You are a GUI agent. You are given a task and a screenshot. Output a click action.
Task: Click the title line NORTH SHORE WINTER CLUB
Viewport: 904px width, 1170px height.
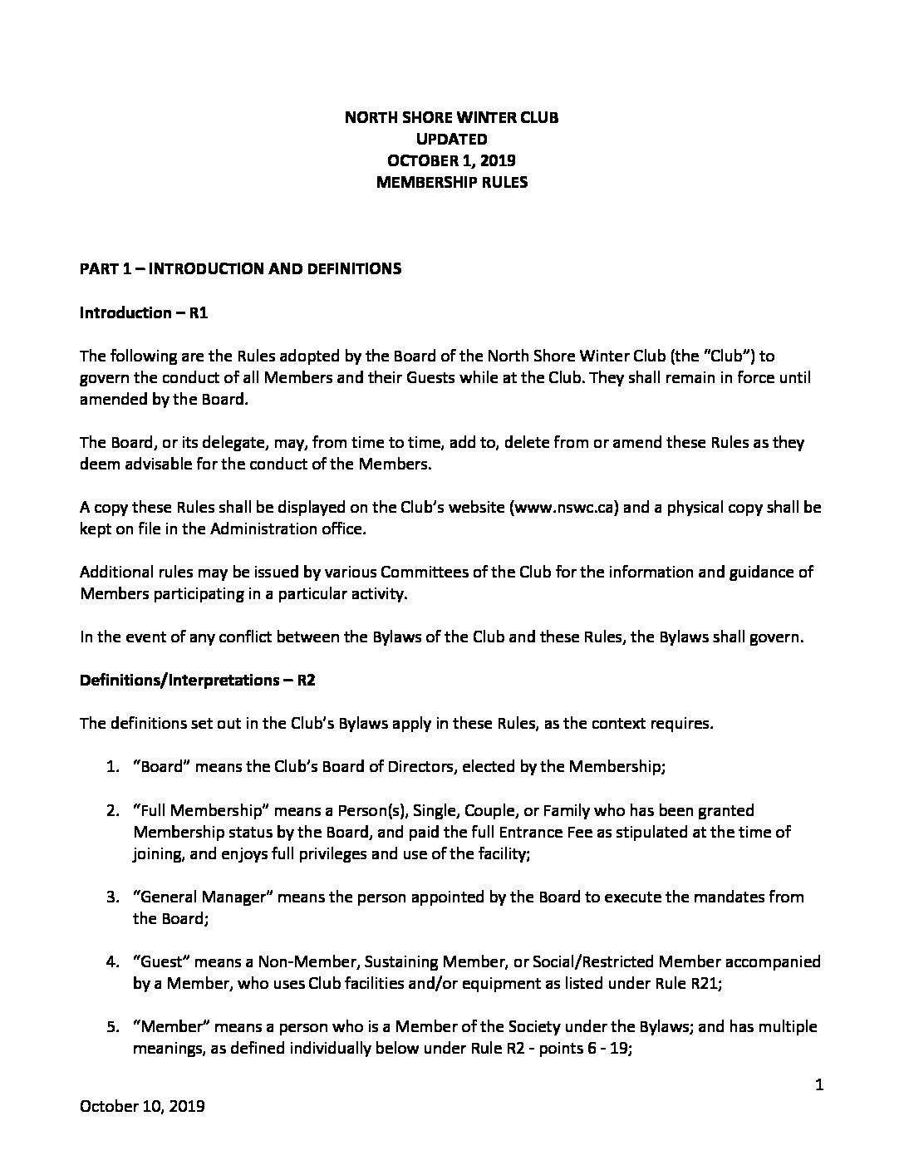451,117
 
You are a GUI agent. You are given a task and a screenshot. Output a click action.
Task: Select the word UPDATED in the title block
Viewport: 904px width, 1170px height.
451,139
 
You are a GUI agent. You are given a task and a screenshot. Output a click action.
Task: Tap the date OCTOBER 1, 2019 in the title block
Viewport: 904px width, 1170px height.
451,160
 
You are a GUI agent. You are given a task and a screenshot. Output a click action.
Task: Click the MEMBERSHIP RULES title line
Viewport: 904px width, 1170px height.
451,182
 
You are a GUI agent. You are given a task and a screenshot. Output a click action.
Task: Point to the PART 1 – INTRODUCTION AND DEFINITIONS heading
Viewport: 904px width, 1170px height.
240,268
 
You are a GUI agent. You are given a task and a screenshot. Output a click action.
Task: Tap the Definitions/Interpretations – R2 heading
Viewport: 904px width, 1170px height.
197,680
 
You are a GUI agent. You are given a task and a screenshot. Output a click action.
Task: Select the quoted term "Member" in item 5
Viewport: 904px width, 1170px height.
170,1027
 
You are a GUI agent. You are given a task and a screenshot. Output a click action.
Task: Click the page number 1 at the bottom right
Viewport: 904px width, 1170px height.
818,1084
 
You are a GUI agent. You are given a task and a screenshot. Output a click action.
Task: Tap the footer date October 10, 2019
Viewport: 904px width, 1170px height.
142,1106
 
